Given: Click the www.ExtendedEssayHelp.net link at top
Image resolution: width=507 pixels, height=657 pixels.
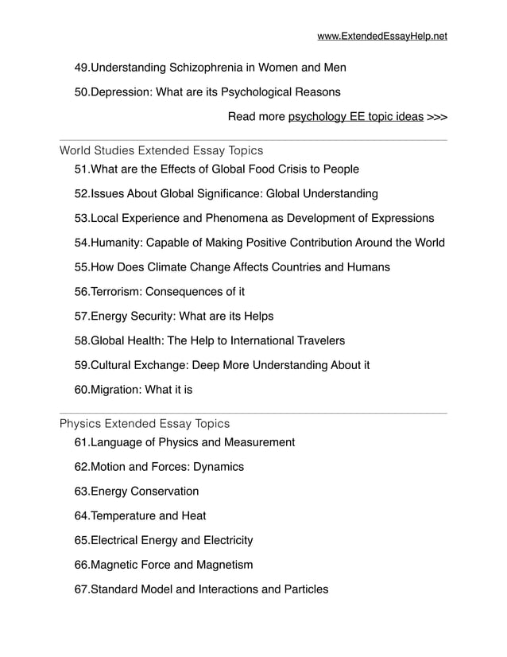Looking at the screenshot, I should coord(381,36).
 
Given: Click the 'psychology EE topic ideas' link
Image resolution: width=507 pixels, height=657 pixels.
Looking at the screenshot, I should coord(355,117).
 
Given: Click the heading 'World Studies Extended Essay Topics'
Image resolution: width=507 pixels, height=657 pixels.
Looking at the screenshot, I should coord(161,150).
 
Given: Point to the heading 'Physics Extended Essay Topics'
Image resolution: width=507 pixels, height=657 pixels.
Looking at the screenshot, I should coord(145,424).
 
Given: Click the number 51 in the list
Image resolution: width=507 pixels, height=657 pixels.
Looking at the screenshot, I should coord(81,169).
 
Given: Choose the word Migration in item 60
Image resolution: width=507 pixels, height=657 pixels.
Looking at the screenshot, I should coord(117,391).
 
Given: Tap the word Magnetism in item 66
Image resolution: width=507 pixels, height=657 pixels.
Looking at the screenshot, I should coord(224,566).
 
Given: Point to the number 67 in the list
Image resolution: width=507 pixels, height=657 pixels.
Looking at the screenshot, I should coord(81,590).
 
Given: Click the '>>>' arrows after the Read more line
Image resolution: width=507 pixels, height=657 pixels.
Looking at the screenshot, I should coord(437,117).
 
